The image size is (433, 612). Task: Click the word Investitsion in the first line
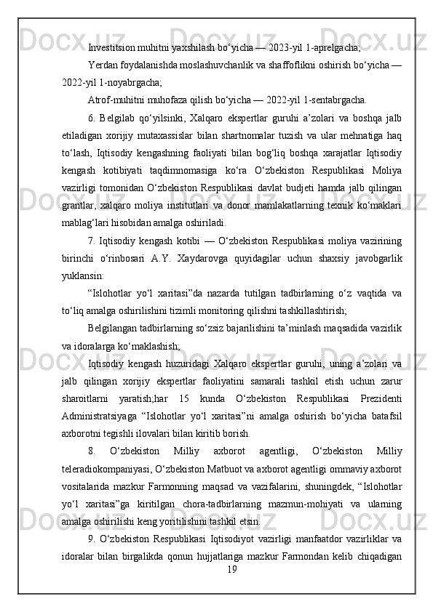pyautogui.click(x=110, y=48)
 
